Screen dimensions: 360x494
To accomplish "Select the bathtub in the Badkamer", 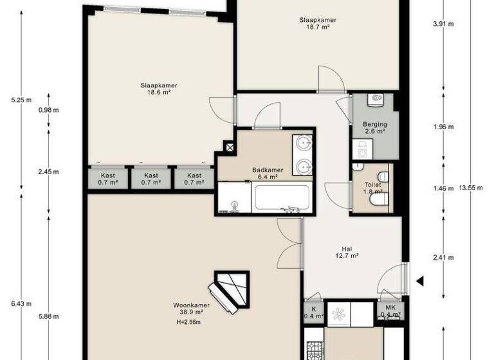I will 282,197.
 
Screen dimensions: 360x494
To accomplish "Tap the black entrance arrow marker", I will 419,281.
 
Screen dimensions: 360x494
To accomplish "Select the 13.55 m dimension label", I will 470,188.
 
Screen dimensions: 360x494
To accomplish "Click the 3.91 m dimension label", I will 443,24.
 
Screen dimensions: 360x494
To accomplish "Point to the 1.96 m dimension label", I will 443,127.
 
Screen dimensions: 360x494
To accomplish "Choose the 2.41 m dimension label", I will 443,258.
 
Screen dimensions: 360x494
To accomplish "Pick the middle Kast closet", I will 151,179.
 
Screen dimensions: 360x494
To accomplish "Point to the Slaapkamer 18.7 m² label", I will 318,24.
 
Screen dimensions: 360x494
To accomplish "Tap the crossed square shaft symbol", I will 229,147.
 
